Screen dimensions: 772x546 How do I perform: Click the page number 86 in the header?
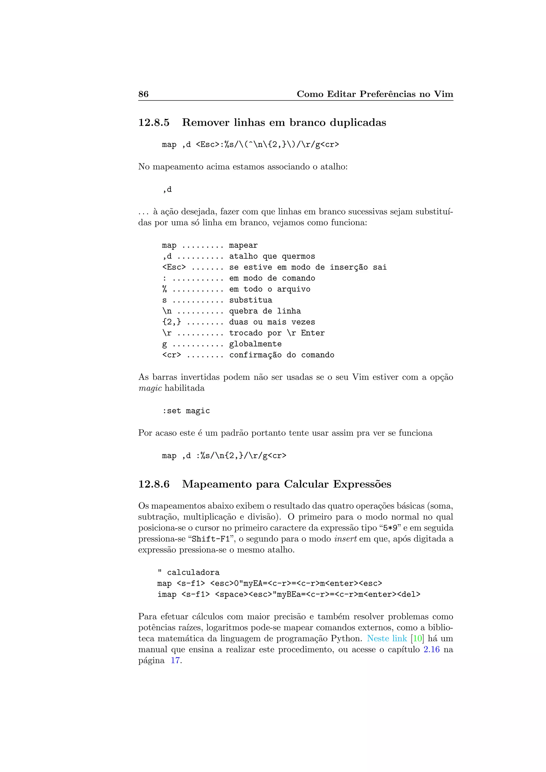(143, 94)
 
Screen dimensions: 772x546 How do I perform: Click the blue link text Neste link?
(387, 638)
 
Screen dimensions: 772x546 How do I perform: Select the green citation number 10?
(417, 638)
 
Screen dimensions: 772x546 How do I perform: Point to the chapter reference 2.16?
(431, 650)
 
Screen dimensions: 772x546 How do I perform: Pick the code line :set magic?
(186, 411)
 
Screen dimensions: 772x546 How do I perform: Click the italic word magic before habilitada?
(150, 388)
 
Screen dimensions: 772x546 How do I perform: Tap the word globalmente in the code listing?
(255, 344)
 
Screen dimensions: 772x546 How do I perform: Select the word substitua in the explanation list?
(251, 300)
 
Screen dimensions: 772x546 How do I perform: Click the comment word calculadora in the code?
(193, 573)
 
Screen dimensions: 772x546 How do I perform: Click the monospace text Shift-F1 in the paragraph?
(210, 539)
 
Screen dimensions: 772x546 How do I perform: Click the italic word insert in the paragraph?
(345, 539)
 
